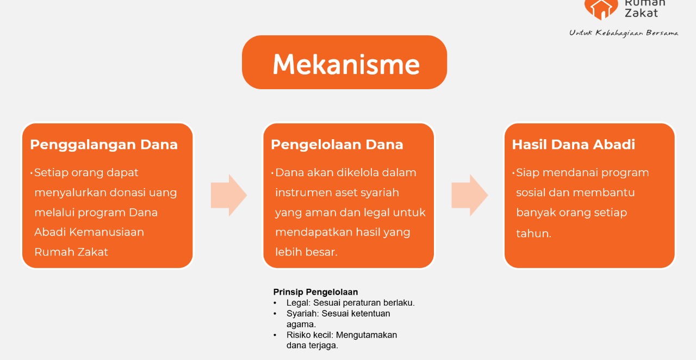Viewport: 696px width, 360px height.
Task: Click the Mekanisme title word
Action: [x=346, y=64]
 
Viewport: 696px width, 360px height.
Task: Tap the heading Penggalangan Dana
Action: [x=104, y=145]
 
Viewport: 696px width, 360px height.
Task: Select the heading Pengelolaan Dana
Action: [x=337, y=145]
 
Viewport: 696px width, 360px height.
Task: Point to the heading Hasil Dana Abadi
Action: [x=574, y=145]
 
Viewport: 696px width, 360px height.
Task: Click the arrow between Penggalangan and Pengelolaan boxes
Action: [x=229, y=195]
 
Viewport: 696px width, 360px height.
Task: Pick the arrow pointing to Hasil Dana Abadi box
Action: [x=470, y=195]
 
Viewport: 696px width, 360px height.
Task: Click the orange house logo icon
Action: [x=601, y=9]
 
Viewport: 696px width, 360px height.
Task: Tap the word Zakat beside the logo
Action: [x=641, y=13]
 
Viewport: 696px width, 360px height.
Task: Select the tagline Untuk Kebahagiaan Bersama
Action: [x=624, y=33]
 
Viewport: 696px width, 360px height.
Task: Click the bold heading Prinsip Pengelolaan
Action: [x=315, y=292]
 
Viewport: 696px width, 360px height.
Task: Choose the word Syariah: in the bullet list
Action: [x=303, y=313]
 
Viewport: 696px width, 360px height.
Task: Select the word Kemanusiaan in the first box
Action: [x=107, y=232]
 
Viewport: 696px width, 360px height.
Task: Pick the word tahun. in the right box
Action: [x=533, y=233]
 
